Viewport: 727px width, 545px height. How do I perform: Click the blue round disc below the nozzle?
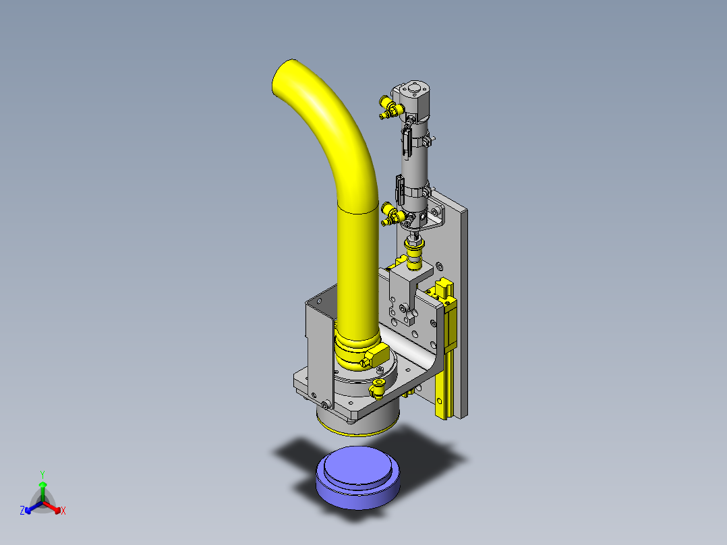click(357, 478)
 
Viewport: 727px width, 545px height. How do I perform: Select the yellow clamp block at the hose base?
click(376, 355)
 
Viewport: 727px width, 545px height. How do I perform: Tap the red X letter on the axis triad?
click(63, 511)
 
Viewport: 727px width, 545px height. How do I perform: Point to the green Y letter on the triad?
click(42, 474)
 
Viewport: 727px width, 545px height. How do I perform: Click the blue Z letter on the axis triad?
click(22, 510)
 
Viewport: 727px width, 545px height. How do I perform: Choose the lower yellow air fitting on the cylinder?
click(392, 214)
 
